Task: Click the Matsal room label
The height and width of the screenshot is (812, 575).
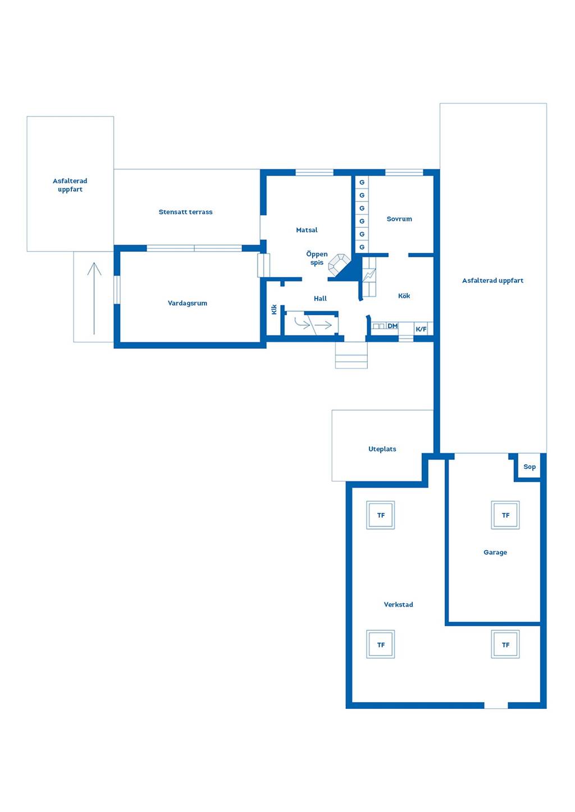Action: (x=307, y=230)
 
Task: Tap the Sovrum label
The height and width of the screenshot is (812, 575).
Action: (x=399, y=219)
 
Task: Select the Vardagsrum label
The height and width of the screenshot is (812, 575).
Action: (x=188, y=303)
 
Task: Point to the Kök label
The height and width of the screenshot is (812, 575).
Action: (x=404, y=296)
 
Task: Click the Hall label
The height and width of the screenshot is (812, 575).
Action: (x=320, y=298)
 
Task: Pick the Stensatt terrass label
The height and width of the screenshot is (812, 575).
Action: (x=185, y=212)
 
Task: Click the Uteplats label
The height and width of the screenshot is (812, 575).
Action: (x=382, y=449)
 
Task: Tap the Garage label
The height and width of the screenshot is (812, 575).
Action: (x=495, y=552)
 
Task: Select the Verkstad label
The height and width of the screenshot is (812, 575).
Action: (x=398, y=605)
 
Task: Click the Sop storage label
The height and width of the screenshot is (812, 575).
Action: (x=530, y=467)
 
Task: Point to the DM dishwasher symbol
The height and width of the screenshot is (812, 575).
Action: (x=393, y=326)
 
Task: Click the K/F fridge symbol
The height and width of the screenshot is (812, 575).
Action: (x=421, y=329)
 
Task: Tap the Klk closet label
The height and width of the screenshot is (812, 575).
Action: (x=274, y=309)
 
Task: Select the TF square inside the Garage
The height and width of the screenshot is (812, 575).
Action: (x=505, y=515)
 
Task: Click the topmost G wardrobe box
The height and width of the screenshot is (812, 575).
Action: (x=362, y=182)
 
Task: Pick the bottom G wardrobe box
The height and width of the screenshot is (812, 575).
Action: (x=362, y=247)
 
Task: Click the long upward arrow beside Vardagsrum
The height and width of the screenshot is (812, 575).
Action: (x=94, y=298)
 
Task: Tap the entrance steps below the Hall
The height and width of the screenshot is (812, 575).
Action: (x=351, y=355)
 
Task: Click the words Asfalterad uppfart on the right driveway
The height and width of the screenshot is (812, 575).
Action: (x=492, y=280)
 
